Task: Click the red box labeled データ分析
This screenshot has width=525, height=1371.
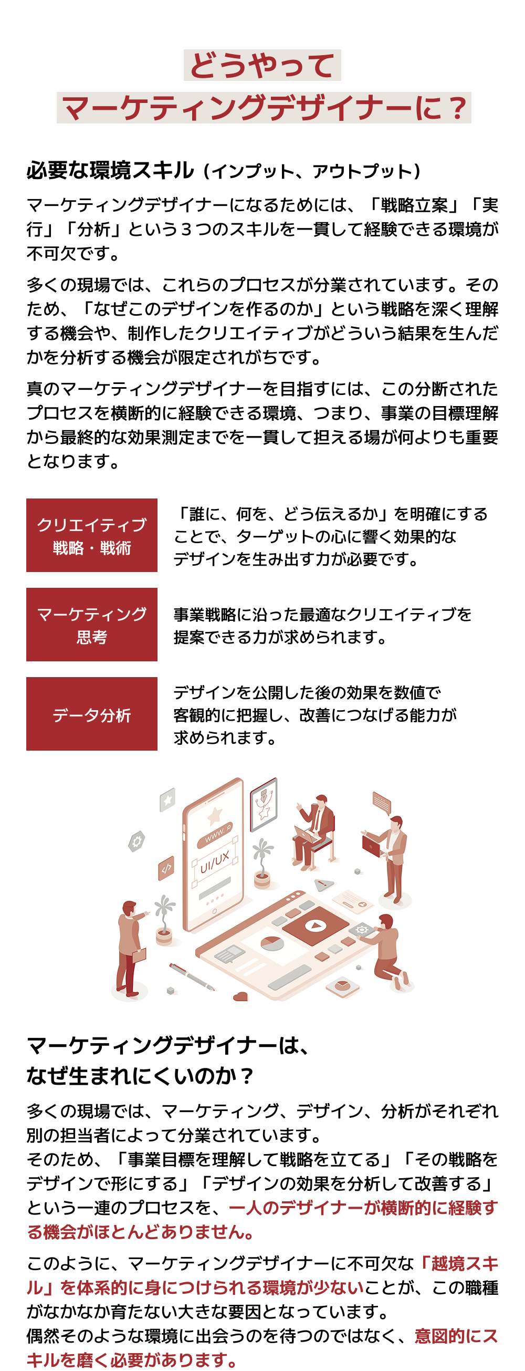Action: (x=91, y=713)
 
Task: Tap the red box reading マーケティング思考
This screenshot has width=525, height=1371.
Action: (x=91, y=624)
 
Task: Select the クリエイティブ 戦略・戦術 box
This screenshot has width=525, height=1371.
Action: (x=91, y=535)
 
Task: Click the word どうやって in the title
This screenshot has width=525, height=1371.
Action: (x=262, y=66)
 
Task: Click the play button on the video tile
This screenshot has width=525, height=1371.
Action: (x=316, y=925)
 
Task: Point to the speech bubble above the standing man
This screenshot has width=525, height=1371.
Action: (x=381, y=803)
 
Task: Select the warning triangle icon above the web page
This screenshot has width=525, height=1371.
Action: (x=324, y=885)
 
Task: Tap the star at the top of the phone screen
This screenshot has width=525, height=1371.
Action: (x=214, y=815)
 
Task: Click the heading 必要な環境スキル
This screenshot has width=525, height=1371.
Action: (x=111, y=170)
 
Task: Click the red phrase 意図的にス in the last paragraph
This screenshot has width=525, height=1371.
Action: (x=456, y=1336)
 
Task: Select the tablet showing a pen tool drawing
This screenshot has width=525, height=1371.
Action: (x=264, y=804)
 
